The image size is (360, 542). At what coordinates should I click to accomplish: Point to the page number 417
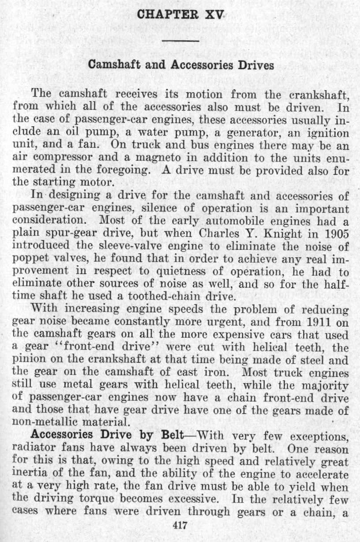click(180, 526)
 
